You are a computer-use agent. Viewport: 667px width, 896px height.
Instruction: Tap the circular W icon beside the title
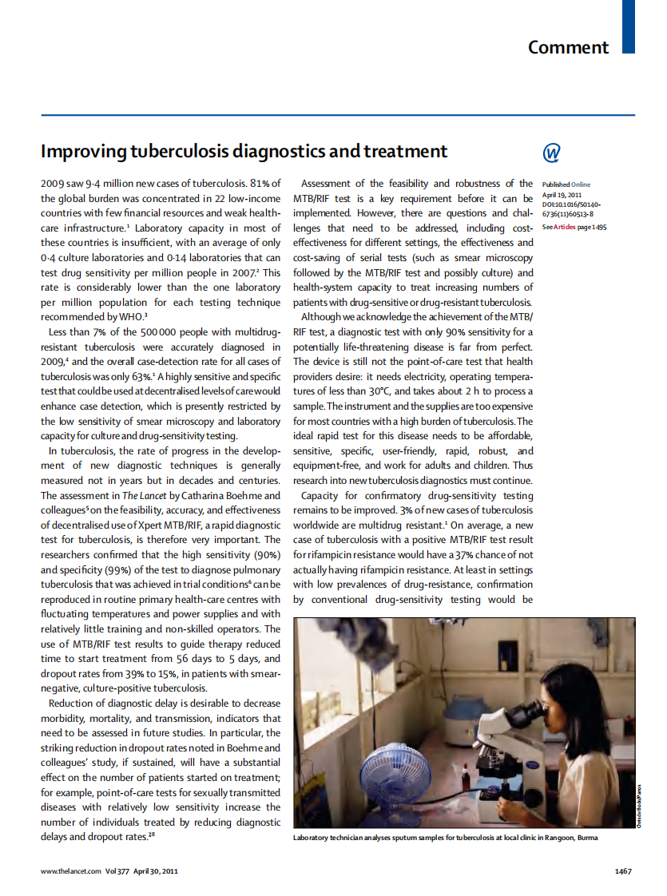click(x=551, y=153)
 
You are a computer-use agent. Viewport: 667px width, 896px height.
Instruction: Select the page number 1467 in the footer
click(x=623, y=871)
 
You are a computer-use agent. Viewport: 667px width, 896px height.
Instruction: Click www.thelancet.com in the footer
click(x=71, y=871)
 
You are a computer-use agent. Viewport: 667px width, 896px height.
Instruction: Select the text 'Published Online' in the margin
click(x=566, y=184)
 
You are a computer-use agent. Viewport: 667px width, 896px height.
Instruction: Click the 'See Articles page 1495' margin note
click(x=574, y=228)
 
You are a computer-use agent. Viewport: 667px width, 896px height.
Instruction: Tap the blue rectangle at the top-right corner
click(x=629, y=26)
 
